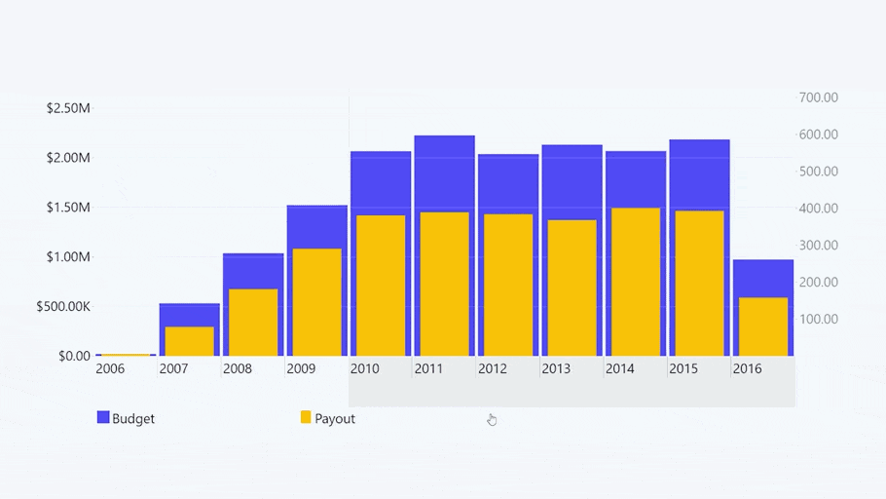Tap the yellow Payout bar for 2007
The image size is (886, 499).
tap(189, 340)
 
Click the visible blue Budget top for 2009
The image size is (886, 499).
tap(316, 226)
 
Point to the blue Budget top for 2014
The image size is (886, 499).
tap(635, 178)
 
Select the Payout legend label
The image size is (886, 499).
tap(335, 419)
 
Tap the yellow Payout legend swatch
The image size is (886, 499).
tap(305, 418)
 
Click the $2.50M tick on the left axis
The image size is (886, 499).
tap(68, 108)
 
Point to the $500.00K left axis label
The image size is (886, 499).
tap(63, 307)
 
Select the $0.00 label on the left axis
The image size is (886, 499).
tap(74, 357)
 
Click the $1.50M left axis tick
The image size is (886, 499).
tap(68, 208)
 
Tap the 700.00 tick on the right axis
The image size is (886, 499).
tap(819, 97)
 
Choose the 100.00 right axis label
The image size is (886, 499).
tap(819, 320)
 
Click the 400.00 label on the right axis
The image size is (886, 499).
tap(819, 209)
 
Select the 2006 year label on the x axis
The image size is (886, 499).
tap(110, 369)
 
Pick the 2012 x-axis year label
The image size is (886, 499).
tap(493, 369)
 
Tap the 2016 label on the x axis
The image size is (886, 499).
tap(747, 369)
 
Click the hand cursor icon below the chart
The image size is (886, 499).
tap(492, 419)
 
